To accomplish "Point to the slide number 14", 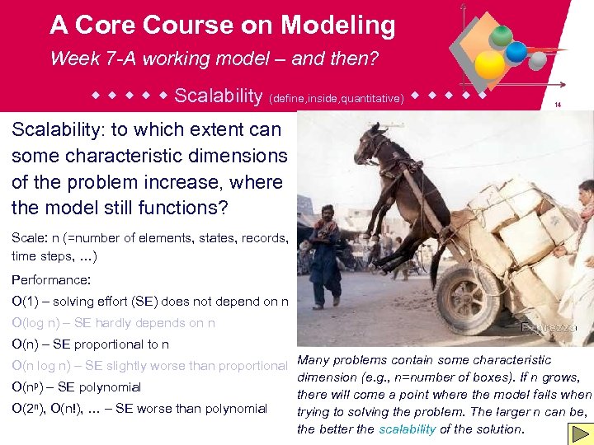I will (x=559, y=105).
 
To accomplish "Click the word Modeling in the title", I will (x=338, y=26).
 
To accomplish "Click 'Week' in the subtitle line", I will (x=73, y=59).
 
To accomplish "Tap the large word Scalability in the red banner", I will (x=218, y=96).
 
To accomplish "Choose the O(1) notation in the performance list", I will (x=28, y=302).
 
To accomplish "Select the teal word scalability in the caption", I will (x=407, y=429).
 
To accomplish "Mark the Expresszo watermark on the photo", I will (x=548, y=327).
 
